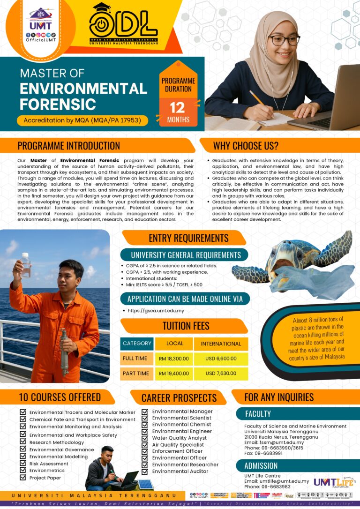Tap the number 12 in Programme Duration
[178, 107]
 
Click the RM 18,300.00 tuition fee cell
[174, 358]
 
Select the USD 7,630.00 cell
[221, 374]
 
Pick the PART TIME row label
[136, 374]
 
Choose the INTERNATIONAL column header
[221, 344]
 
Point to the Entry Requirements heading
[188, 238]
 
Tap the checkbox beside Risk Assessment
[22, 464]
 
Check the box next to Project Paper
[22, 478]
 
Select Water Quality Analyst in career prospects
[179, 438]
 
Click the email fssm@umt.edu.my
[281, 442]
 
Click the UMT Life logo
[334, 481]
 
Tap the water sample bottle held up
[25, 265]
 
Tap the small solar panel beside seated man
[146, 485]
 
